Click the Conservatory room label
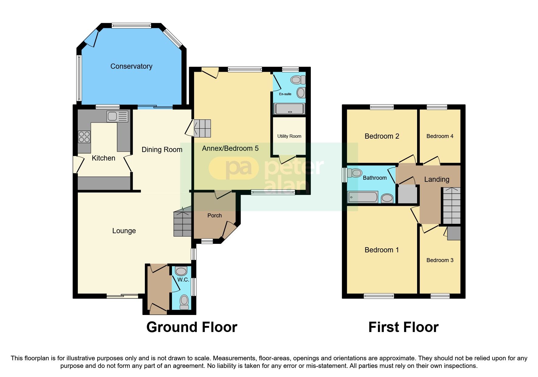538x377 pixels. [x=131, y=66]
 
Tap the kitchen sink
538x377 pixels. [x=117, y=116]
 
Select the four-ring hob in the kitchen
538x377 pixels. [x=84, y=137]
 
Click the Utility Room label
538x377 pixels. [x=289, y=136]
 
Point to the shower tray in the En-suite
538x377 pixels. [x=289, y=109]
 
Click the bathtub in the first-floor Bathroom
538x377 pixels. [x=362, y=197]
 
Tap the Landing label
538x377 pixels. [x=437, y=179]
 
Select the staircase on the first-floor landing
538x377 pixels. [x=451, y=206]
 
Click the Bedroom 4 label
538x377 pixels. [x=440, y=136]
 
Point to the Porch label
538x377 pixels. [x=214, y=216]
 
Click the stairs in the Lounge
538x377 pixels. [x=183, y=223]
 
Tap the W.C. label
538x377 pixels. [x=183, y=279]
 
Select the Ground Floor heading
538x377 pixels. [x=192, y=327]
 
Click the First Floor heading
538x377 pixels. [x=403, y=327]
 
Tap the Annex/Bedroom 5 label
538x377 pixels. [x=230, y=148]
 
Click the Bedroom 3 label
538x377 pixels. [x=440, y=260]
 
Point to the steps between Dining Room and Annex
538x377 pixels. [x=202, y=128]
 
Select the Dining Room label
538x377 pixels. [x=162, y=150]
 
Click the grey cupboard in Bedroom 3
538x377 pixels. [x=454, y=233]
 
